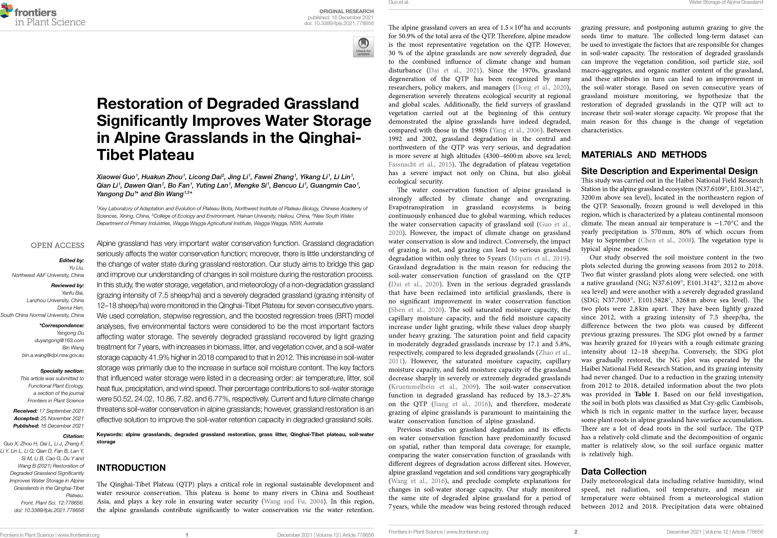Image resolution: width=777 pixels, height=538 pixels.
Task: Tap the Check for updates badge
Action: (363, 47)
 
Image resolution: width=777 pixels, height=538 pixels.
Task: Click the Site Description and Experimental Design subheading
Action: (669, 171)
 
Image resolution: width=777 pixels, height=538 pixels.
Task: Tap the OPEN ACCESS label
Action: (57, 245)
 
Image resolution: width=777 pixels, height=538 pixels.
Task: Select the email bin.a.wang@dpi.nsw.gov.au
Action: (53, 355)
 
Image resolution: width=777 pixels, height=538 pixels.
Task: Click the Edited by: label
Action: (71, 260)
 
